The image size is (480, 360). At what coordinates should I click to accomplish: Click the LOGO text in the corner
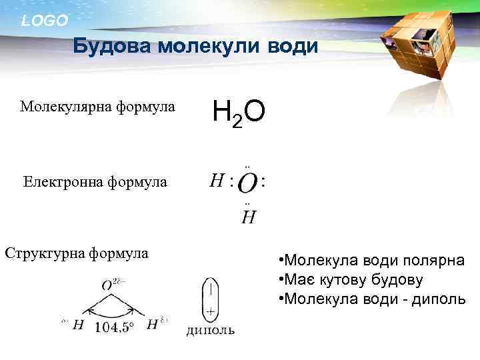click(44, 21)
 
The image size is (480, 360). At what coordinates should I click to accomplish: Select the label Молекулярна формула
click(97, 107)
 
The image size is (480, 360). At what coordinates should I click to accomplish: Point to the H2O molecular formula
click(239, 113)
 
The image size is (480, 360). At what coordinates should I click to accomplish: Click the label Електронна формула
click(95, 181)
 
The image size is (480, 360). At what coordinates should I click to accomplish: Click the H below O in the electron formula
click(248, 217)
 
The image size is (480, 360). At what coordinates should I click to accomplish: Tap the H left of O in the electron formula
click(216, 180)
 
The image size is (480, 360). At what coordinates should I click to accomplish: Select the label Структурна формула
click(76, 253)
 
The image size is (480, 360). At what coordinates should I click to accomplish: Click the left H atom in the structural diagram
click(79, 325)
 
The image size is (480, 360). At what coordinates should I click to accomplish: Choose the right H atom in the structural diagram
click(152, 325)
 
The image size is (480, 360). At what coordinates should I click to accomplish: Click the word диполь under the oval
click(210, 331)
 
